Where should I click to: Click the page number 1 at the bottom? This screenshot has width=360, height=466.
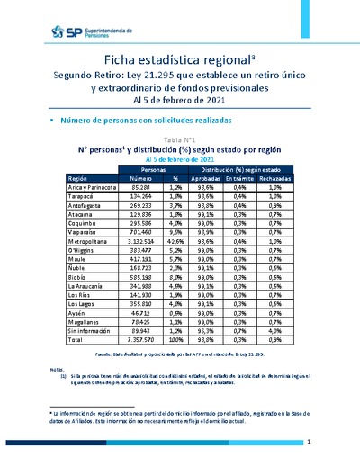click(309, 444)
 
